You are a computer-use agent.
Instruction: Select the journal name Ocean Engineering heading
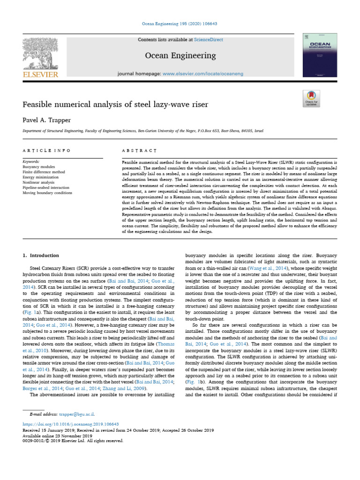pyautogui.click(x=180, y=56)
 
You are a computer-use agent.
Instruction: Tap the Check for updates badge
pyautogui.click(x=311, y=98)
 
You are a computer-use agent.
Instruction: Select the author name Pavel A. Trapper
pyautogui.click(x=47, y=120)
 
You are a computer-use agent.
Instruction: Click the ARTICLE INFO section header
pyautogui.click(x=47, y=150)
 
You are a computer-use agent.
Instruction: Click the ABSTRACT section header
pyautogui.click(x=139, y=150)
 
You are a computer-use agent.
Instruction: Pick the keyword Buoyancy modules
pyautogui.click(x=39, y=166)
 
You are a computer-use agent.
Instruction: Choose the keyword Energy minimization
pyautogui.click(x=40, y=177)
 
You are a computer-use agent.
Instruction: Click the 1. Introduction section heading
pyautogui.click(x=41, y=255)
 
